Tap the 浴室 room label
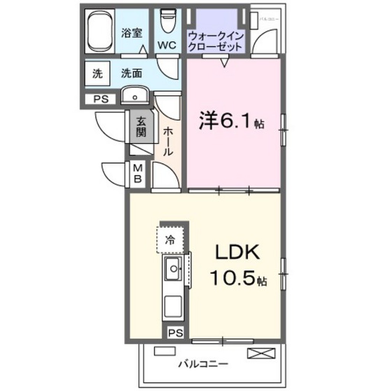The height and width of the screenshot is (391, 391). point(132,33)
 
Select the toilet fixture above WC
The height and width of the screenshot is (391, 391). point(167,23)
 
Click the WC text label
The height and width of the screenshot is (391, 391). point(167,46)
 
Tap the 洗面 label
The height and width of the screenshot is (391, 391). point(130,74)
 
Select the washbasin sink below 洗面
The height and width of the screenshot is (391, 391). point(135,95)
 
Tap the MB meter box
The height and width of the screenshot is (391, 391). point(138,173)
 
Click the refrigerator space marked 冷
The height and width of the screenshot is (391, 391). point(170,240)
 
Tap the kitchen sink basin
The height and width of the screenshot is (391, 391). point(173,268)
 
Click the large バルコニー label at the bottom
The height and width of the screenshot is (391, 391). point(203,364)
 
